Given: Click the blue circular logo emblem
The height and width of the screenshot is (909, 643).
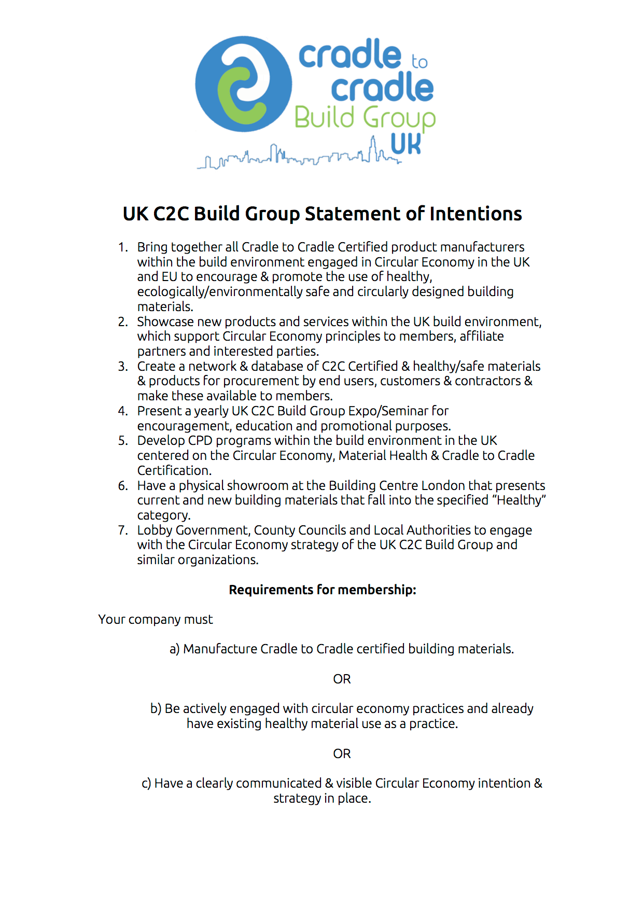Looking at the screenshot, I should pos(243,83).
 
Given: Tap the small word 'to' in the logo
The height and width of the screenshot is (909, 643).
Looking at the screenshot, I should pos(420,62).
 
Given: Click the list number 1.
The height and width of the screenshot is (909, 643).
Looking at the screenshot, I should pos(122,247).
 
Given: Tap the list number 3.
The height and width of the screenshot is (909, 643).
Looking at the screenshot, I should pos(122,367).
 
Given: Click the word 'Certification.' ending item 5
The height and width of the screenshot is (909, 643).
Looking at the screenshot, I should pos(174,471).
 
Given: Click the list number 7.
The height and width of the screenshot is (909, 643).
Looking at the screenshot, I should pos(122,530).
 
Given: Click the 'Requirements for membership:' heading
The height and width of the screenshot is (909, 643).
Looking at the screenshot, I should pos(323,590).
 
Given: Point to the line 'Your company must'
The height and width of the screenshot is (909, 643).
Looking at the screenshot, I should pos(156,620).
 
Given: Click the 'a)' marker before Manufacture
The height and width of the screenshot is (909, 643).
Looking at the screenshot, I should pos(174,649).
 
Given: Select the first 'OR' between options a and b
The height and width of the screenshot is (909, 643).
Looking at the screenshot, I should pos(342,679).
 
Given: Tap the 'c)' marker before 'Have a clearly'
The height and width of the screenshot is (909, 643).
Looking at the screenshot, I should pos(146,784).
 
